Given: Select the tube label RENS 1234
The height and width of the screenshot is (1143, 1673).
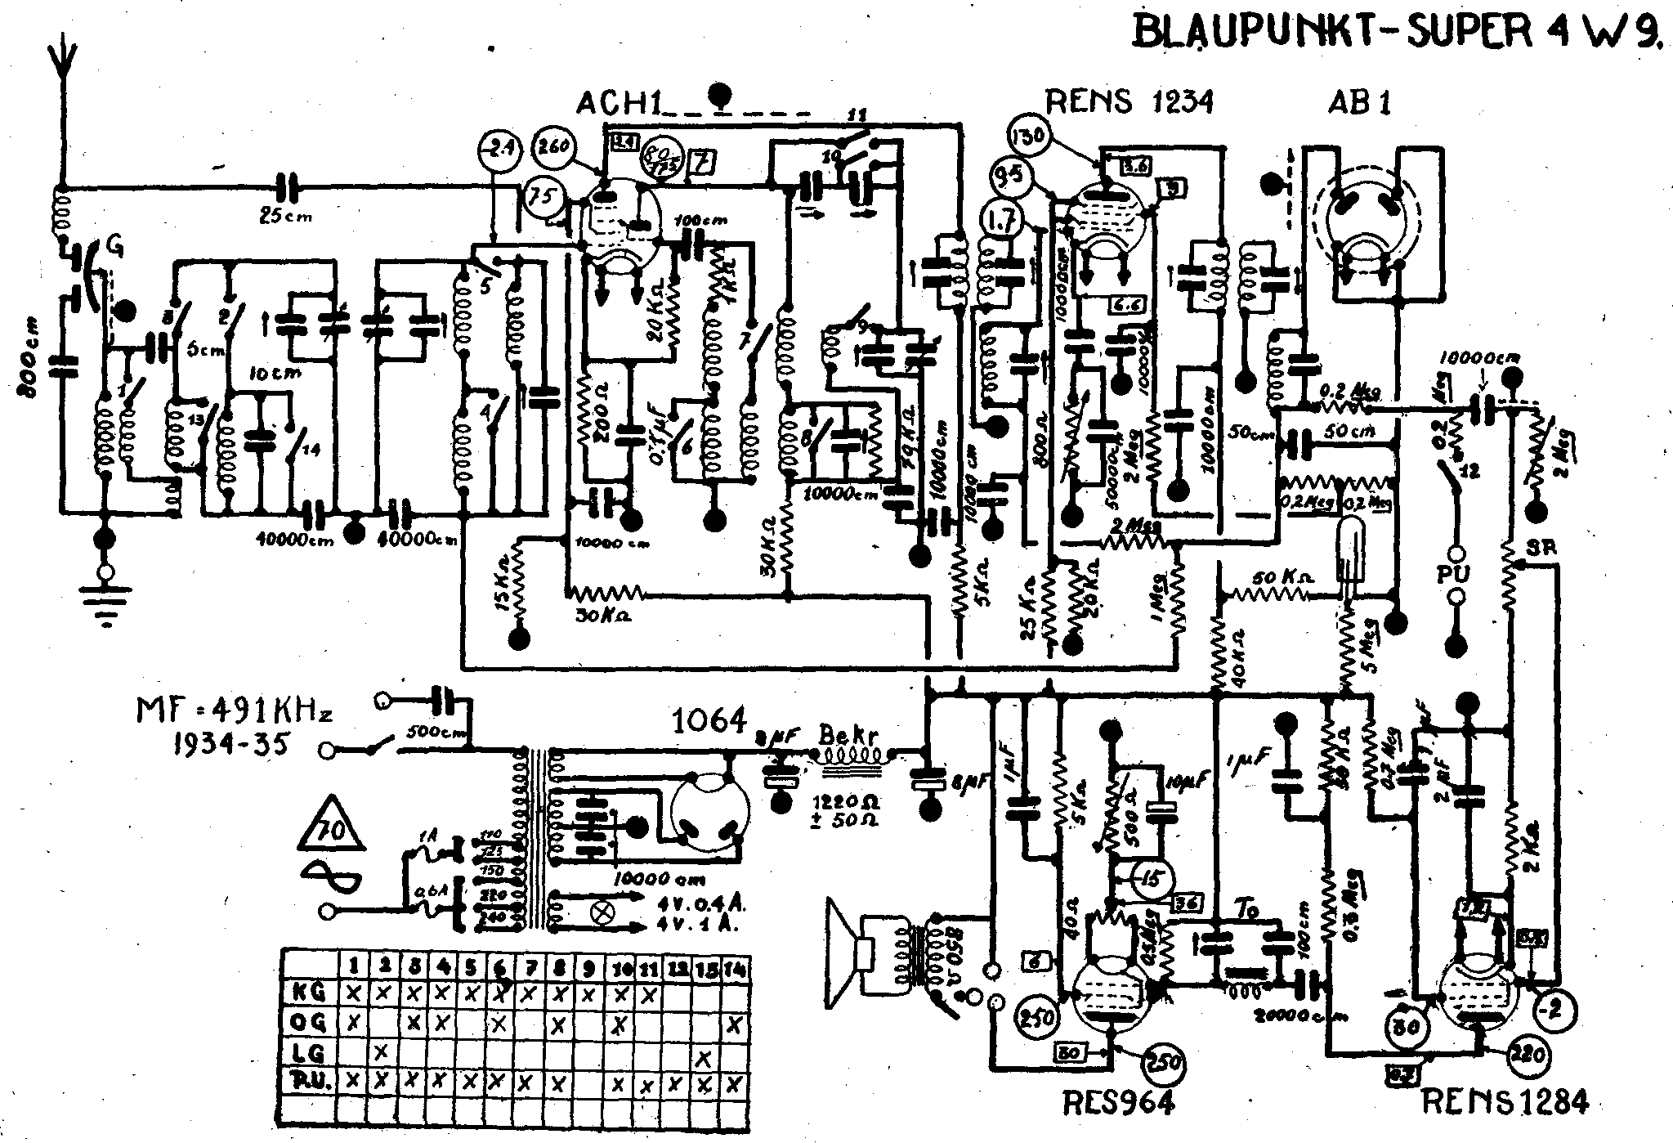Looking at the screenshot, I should (1130, 102).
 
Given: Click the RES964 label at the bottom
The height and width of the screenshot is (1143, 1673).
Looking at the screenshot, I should (1118, 1105).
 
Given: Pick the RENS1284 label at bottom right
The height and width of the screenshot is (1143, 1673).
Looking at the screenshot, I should (1505, 1103).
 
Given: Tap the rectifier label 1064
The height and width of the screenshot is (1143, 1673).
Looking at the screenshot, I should (709, 720).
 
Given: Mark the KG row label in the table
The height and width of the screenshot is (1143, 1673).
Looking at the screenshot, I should (309, 993).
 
